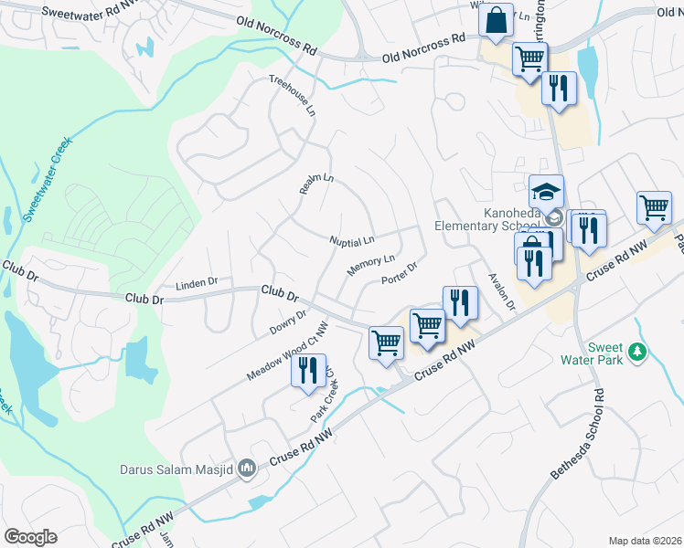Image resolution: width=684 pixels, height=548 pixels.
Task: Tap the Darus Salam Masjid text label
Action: click(177, 470)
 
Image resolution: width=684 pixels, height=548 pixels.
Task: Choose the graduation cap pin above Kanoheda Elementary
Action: click(546, 192)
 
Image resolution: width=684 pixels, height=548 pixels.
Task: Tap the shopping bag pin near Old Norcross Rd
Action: click(496, 20)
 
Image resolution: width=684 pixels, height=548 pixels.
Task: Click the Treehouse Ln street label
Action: click(293, 94)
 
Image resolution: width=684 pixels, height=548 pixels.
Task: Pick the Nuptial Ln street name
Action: click(352, 241)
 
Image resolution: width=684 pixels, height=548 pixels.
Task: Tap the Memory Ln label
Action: click(371, 265)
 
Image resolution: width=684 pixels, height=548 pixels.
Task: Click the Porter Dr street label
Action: click(399, 272)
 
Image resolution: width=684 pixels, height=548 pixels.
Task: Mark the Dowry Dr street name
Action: click(288, 321)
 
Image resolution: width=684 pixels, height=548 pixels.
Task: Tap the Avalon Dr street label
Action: click(502, 291)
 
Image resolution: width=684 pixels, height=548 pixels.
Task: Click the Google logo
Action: click(30, 537)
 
